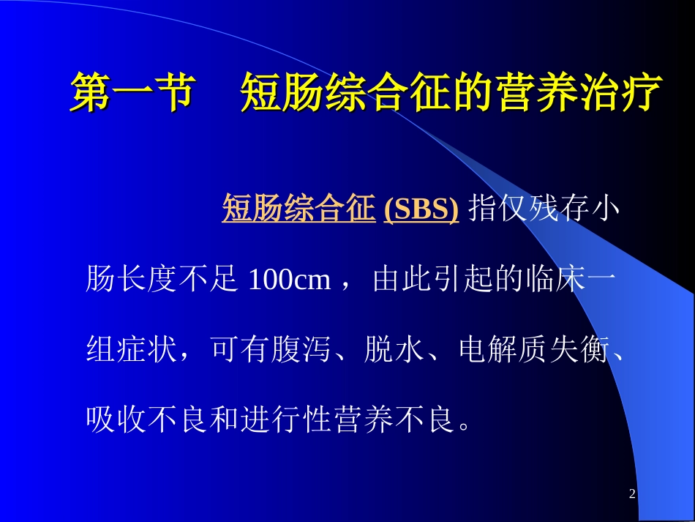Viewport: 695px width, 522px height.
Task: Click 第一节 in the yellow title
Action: pyautogui.click(x=131, y=93)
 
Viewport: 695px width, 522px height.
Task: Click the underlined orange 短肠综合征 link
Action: pyautogui.click(x=298, y=209)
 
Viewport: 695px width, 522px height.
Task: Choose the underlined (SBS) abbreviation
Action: pyautogui.click(x=421, y=209)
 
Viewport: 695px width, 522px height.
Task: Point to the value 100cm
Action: pyautogui.click(x=290, y=280)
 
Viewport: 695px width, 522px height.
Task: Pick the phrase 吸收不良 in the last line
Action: pyautogui.click(x=146, y=421)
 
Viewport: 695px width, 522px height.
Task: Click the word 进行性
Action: pyautogui.click(x=285, y=421)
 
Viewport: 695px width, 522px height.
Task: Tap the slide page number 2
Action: pyautogui.click(x=632, y=495)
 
